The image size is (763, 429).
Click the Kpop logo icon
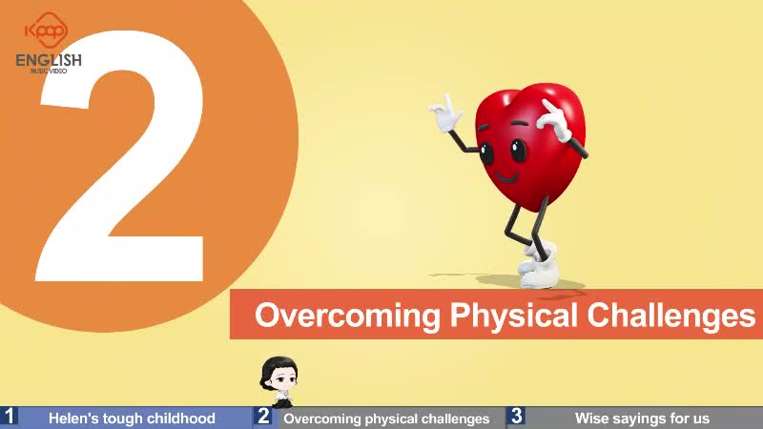(x=47, y=31)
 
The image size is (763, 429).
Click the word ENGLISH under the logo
(x=49, y=60)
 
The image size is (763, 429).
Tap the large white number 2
(x=121, y=155)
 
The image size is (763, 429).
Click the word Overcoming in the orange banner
(x=347, y=317)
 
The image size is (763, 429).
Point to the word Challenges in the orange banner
(x=671, y=316)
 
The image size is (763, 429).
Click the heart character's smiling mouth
(x=506, y=176)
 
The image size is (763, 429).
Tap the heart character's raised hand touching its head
(x=555, y=119)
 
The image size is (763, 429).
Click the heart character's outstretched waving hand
(x=444, y=113)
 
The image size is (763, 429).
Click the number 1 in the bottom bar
(x=9, y=417)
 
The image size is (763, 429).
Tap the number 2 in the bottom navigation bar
(x=263, y=417)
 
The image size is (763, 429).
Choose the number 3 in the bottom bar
(x=516, y=417)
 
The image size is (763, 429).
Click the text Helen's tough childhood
(x=132, y=419)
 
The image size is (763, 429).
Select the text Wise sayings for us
(x=642, y=418)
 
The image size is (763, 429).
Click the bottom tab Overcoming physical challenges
(x=386, y=419)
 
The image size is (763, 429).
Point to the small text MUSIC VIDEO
(x=49, y=71)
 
